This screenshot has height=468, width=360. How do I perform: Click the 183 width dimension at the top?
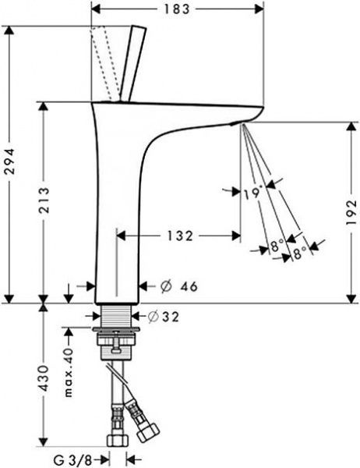(177, 9)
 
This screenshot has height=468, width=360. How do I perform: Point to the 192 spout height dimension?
(352, 212)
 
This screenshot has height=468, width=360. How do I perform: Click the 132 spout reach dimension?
(180, 236)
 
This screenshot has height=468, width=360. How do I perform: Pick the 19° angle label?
(253, 193)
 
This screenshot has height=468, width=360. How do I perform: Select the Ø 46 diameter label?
(179, 286)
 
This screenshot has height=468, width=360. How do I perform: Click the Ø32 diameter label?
(164, 317)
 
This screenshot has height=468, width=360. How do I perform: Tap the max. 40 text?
(69, 372)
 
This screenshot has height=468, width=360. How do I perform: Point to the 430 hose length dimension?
(44, 378)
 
